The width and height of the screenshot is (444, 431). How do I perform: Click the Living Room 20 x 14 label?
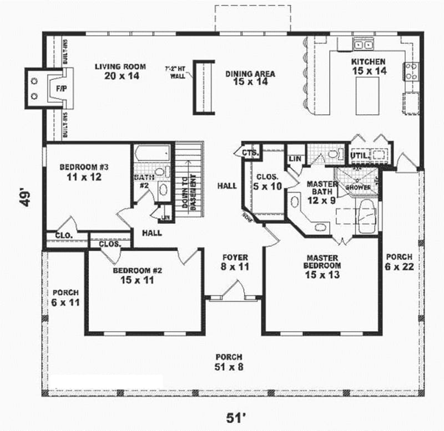tap(120, 71)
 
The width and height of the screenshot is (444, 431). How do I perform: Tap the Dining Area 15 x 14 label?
tap(250, 77)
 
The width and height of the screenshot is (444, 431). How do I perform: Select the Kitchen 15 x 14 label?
tap(368, 66)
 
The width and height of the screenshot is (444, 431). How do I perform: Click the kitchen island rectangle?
tap(367, 96)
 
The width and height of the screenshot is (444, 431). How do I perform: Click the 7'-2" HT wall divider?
tap(203, 87)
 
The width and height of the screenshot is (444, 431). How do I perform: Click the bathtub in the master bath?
tap(366, 218)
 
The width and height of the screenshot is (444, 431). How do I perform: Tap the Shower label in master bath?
tap(358, 187)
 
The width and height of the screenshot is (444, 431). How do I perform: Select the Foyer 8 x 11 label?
tap(235, 262)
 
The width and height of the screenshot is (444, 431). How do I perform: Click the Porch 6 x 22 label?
tap(399, 262)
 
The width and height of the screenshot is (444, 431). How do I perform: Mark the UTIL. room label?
tap(358, 156)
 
